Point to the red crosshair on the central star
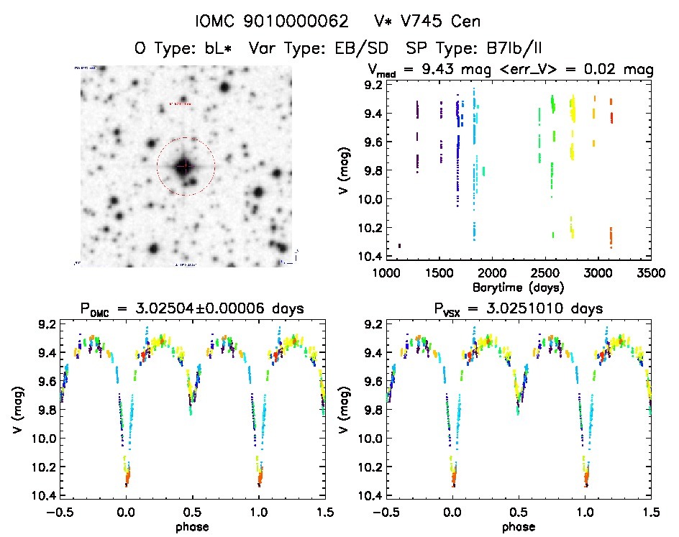(x=184, y=166)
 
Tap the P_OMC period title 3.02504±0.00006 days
(x=193, y=309)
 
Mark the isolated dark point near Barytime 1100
(x=399, y=246)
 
